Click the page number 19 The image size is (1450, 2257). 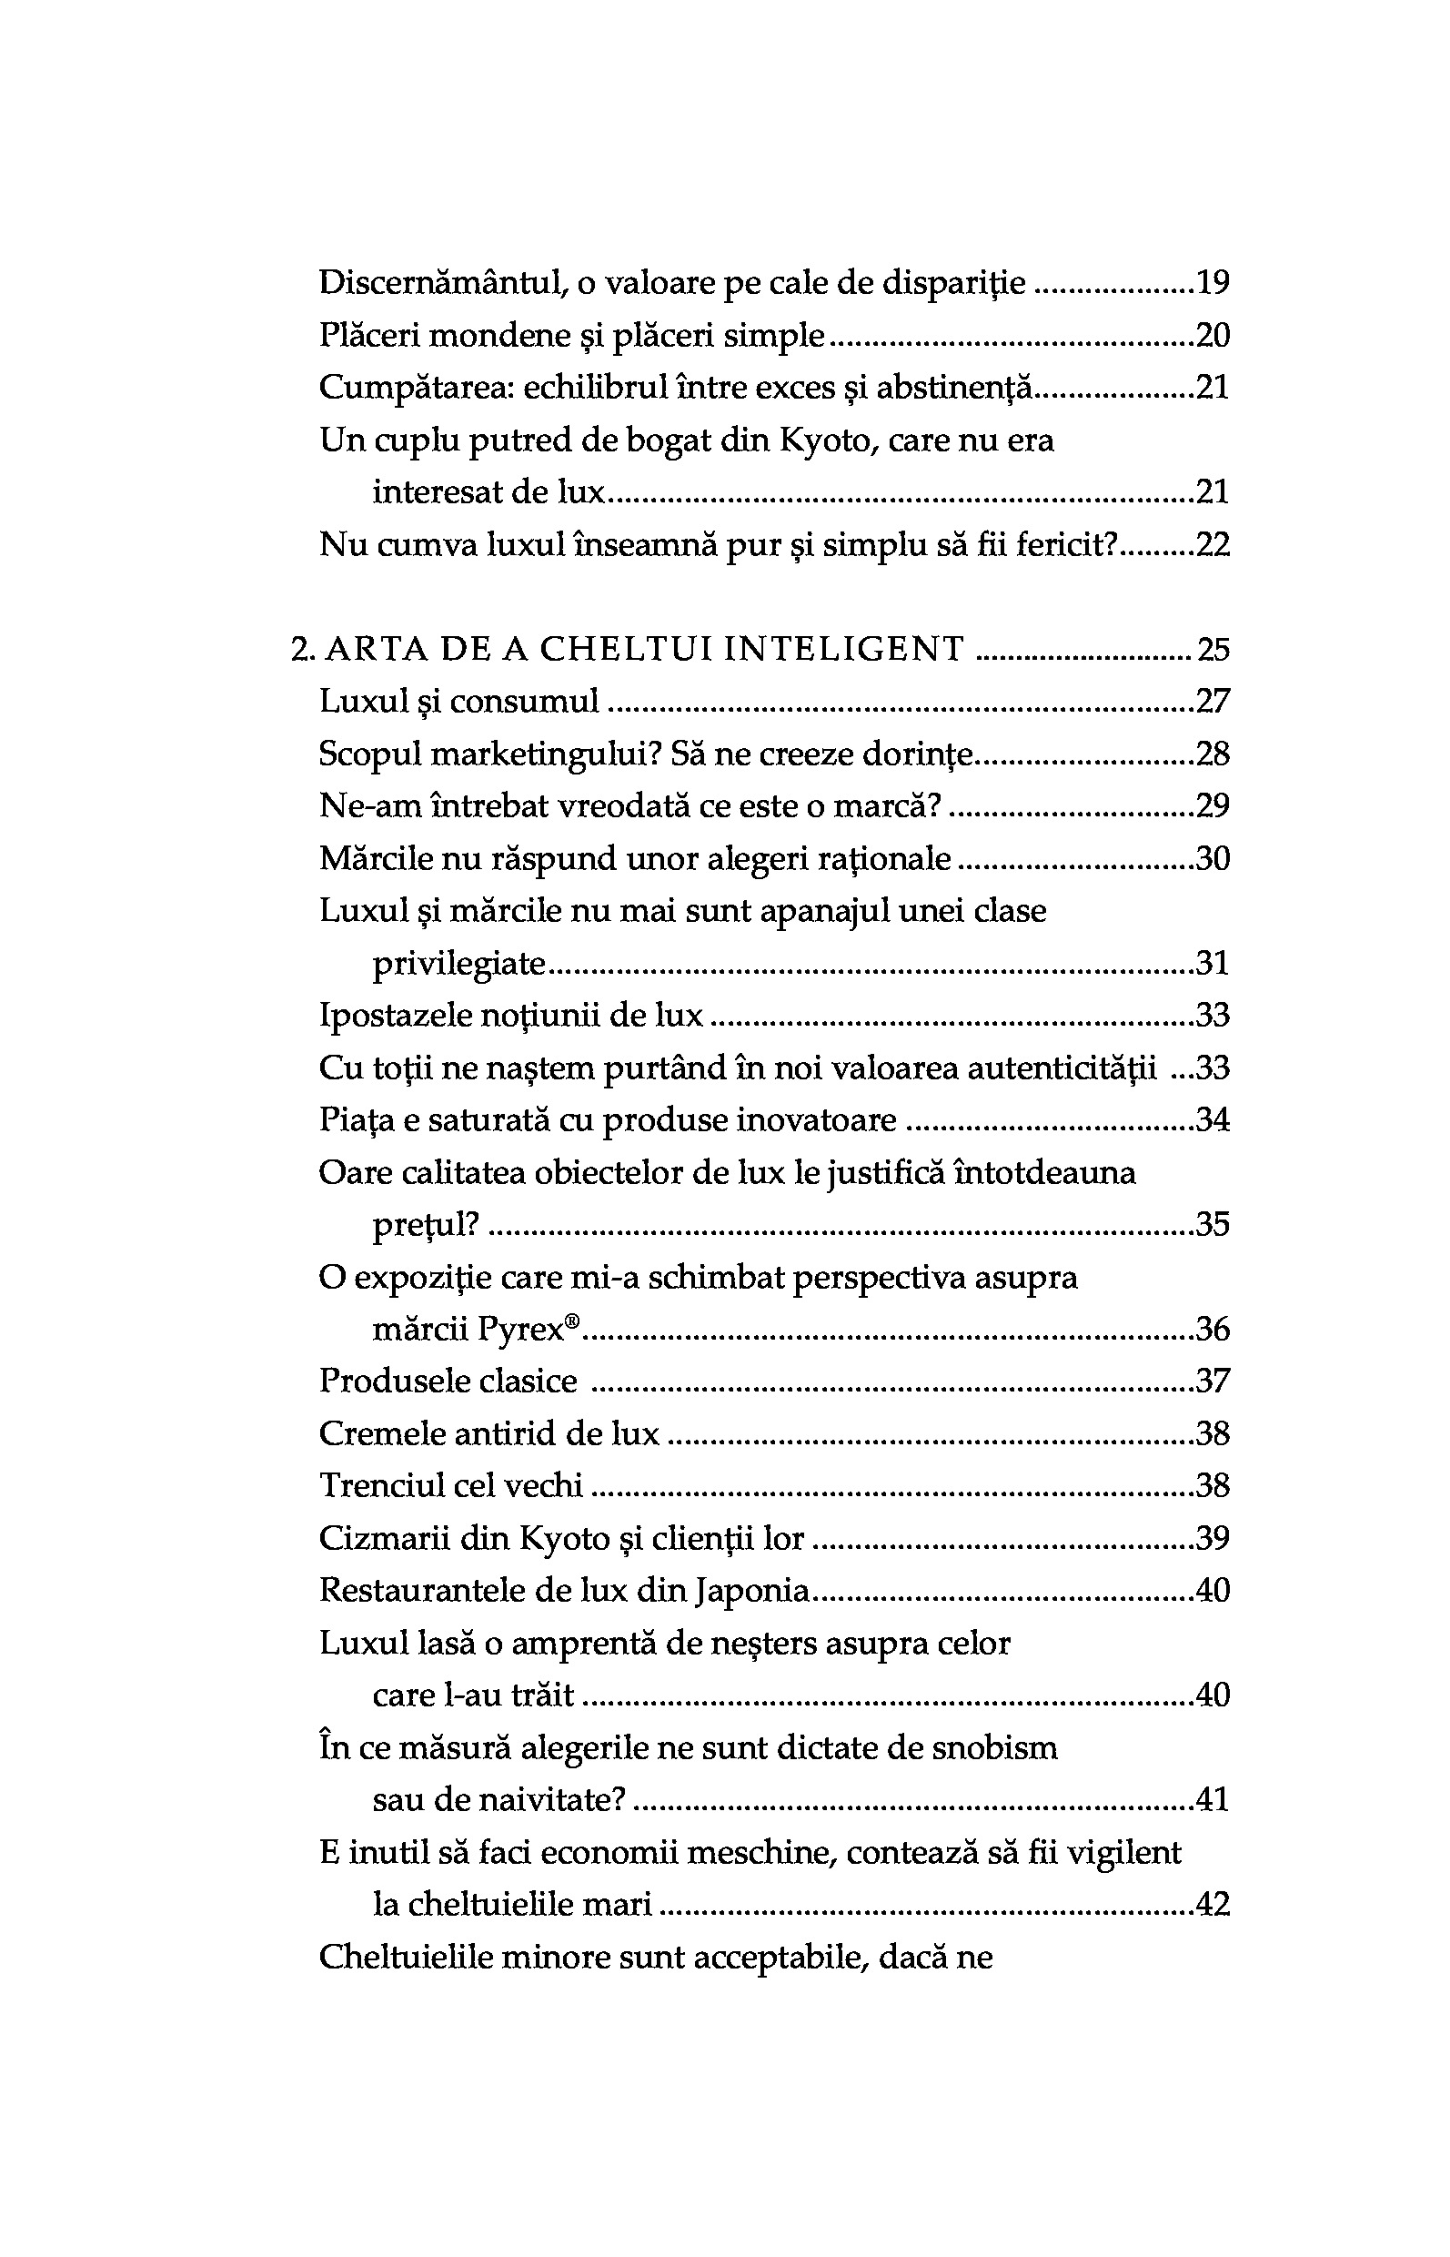coord(1213,283)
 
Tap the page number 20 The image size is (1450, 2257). coord(1213,335)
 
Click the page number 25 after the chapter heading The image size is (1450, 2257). coord(1213,649)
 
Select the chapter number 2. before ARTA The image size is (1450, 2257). coord(302,649)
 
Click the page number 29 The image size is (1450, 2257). coord(1213,805)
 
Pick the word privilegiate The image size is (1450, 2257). coord(459,963)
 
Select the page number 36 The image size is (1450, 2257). coord(1213,1329)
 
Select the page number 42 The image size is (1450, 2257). coord(1213,1905)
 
